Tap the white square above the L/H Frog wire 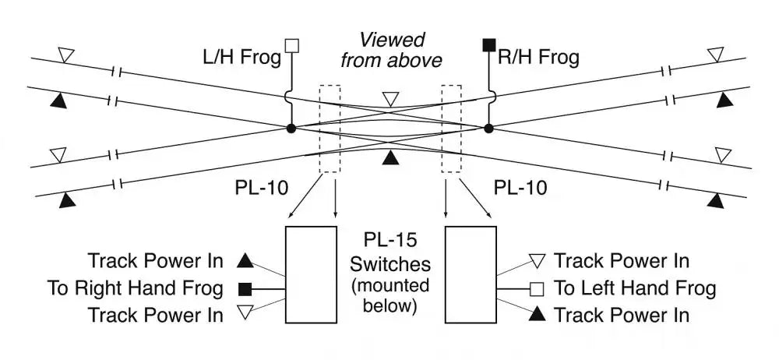coord(292,44)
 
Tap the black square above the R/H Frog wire coord(489,44)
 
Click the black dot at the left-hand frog coord(291,128)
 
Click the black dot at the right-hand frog coord(488,128)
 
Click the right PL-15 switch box coord(471,274)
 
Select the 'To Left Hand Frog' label coord(634,288)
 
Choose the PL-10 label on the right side coord(521,188)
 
